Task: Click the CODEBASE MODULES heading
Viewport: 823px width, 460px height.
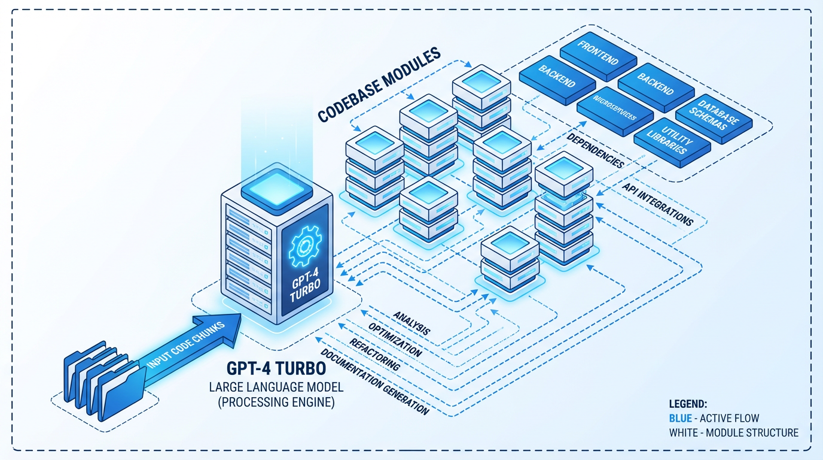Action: click(378, 86)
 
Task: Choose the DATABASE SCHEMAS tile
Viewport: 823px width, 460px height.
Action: click(714, 115)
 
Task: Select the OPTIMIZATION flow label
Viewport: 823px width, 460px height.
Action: click(395, 340)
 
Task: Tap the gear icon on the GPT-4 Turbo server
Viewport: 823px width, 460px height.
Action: click(304, 246)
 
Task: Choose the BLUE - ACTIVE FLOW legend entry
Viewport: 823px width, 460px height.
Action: click(714, 418)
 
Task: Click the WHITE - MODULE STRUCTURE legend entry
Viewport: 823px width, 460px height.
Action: click(733, 432)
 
